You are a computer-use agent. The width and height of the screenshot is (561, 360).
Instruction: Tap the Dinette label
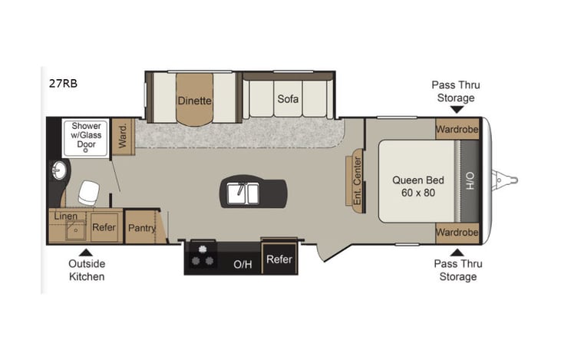pos(194,100)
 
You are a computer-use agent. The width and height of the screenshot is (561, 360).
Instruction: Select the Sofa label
pos(288,99)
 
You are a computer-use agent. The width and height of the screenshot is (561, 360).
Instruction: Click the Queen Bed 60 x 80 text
pos(414,187)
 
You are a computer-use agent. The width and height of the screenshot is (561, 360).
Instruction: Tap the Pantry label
pos(142,228)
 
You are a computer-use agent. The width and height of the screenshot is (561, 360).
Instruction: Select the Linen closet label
pos(65,216)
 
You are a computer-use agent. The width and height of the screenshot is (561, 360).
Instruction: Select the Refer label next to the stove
pos(279,259)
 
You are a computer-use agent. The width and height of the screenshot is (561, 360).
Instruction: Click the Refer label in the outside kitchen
pos(104,227)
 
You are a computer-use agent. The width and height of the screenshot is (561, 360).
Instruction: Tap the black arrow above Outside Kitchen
pos(87,250)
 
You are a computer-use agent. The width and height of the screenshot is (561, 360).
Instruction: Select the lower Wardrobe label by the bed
pos(457,232)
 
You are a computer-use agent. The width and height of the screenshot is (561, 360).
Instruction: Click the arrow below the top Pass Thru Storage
pos(457,111)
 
